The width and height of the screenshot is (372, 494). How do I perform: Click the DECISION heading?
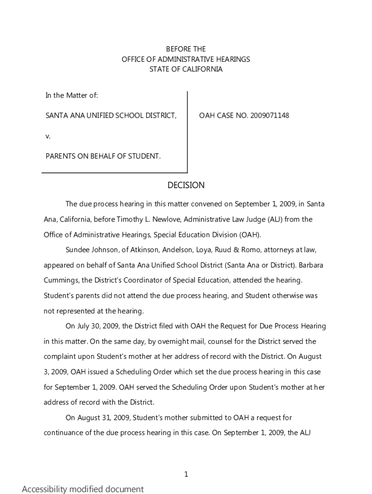click(186, 185)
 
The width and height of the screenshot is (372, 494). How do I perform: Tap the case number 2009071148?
click(270, 115)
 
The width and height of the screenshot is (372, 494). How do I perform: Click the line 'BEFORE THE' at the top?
click(186, 49)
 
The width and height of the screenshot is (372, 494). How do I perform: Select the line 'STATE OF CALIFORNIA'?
click(186, 69)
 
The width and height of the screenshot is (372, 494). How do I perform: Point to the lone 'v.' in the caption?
click(48, 136)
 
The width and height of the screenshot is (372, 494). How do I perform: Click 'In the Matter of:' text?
click(72, 96)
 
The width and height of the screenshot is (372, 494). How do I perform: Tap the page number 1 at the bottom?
click(186, 474)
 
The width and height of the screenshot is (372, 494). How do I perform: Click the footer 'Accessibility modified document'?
click(83, 489)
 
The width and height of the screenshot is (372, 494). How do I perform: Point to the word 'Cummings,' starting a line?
click(61, 280)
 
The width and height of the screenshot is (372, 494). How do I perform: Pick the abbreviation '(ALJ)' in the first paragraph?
click(274, 220)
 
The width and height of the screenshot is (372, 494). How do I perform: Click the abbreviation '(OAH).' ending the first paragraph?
click(250, 235)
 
